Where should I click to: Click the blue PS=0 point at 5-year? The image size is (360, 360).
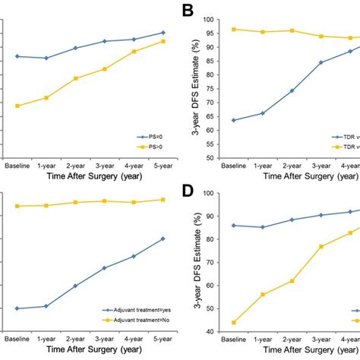pos(163,33)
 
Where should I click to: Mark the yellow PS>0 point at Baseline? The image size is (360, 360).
pos(17,106)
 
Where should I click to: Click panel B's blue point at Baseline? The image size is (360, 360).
pos(233,120)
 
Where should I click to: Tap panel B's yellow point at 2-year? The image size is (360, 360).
pos(291,30)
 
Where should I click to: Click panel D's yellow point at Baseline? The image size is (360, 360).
pos(233,323)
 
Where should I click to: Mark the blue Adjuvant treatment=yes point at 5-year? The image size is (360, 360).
pos(163,238)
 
